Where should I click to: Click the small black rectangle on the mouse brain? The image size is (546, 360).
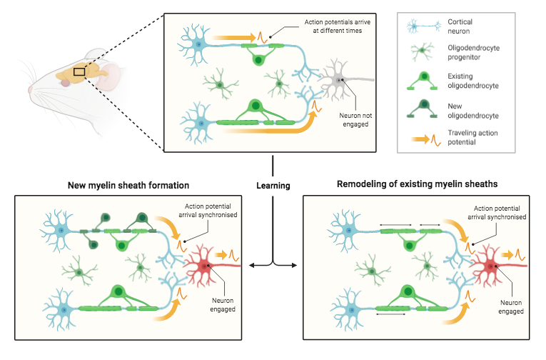79,70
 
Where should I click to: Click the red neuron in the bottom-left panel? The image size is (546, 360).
205,266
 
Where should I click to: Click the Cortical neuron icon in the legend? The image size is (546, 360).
421,27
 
